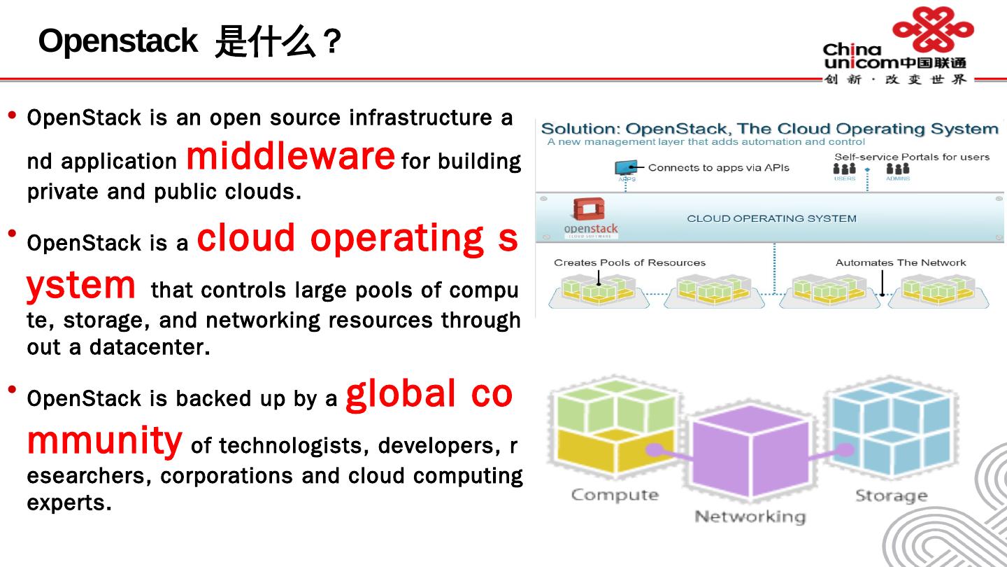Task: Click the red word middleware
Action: tap(290, 156)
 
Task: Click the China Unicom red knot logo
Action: tap(933, 29)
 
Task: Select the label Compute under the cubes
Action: tap(615, 495)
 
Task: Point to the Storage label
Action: tap(891, 496)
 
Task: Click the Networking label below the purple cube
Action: tap(750, 517)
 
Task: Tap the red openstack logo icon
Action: tap(588, 210)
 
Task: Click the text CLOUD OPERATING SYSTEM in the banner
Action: tap(771, 218)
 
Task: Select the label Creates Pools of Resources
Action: tap(629, 262)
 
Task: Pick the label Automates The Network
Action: tap(900, 262)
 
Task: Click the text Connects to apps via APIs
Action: tap(718, 167)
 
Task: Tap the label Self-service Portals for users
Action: tap(911, 157)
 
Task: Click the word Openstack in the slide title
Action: tap(117, 41)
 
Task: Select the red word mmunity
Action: tap(104, 440)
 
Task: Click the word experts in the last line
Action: tap(68, 503)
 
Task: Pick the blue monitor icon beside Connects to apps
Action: tap(626, 168)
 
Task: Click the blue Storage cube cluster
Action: tap(890, 428)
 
